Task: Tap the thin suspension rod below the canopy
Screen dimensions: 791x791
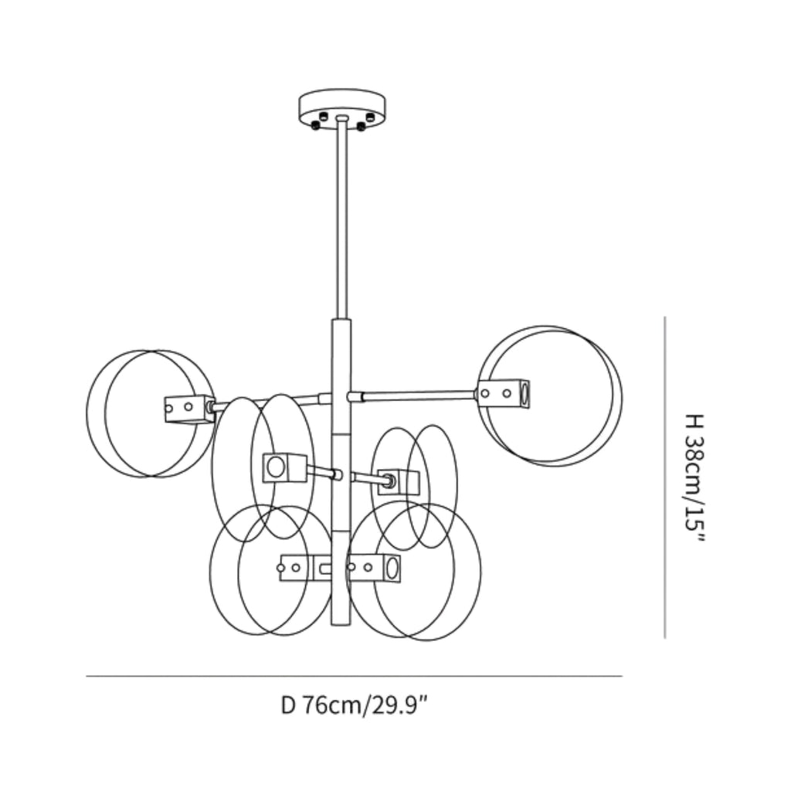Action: click(341, 219)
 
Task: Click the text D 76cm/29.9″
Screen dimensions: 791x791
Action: click(354, 704)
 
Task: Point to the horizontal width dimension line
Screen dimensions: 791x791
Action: click(354, 675)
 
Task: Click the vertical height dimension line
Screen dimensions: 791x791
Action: click(664, 477)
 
